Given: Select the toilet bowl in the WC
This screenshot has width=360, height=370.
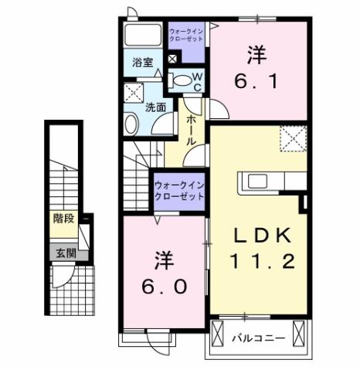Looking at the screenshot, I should click(179, 80).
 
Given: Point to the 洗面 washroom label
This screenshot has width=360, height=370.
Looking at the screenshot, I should click(155, 108).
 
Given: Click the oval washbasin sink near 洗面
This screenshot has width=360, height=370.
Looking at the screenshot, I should click(133, 124).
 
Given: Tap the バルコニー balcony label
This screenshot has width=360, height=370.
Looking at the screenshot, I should click(259, 338).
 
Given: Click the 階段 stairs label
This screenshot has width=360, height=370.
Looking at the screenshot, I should click(63, 219).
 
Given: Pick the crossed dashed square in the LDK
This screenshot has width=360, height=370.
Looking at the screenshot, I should click(294, 139).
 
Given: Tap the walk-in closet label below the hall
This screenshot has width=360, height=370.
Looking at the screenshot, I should click(178, 190).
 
